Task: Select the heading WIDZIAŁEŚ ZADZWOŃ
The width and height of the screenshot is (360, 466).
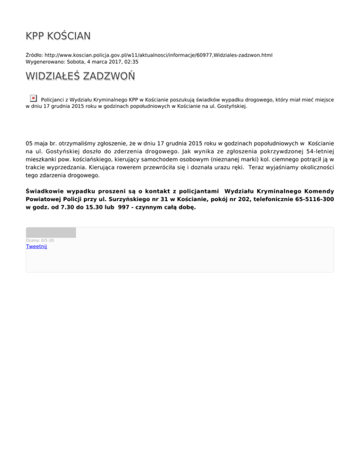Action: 80,76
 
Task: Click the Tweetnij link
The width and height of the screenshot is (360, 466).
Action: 37,247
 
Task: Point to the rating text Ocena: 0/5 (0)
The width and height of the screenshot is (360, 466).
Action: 40,241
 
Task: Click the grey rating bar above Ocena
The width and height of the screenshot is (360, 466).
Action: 51,233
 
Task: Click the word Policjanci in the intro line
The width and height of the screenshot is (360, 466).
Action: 55,99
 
